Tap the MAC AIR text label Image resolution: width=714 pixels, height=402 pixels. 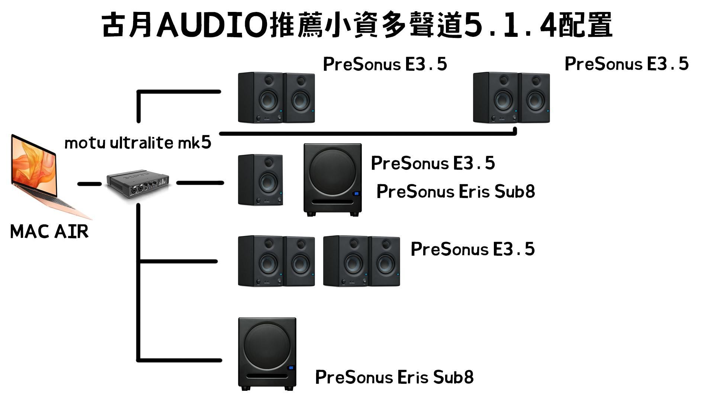click(49, 232)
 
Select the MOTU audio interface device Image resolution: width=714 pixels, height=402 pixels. click(138, 185)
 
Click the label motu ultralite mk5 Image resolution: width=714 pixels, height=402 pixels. click(138, 143)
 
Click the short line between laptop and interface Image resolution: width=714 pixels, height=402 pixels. click(89, 184)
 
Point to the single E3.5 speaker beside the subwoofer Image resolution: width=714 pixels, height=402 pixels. click(260, 180)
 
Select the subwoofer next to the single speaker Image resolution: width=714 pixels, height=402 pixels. click(332, 180)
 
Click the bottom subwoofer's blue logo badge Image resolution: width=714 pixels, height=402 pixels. click(291, 368)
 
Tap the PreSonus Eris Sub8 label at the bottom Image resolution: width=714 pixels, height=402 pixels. click(394, 377)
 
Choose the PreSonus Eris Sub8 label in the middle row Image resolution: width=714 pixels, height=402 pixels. click(456, 191)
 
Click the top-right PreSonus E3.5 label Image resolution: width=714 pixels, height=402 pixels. click(627, 64)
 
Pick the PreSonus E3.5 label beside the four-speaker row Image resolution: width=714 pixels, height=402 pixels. click(473, 249)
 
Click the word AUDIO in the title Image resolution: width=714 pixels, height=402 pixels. click(212, 25)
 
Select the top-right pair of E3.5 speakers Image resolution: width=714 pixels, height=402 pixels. click(511, 98)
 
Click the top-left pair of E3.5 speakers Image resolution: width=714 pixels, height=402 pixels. click(276, 98)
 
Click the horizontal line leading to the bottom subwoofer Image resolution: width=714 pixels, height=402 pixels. click(180, 360)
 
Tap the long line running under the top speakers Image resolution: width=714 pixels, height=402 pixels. click(368, 133)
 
